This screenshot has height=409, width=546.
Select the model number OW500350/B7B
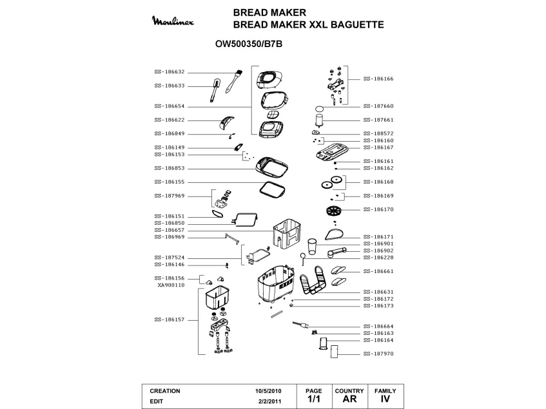point(249,44)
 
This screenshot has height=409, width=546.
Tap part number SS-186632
point(170,72)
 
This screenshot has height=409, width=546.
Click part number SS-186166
point(378,79)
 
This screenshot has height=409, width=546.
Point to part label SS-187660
point(378,106)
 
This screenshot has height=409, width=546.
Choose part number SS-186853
point(170,168)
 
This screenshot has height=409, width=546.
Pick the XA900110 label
point(171,285)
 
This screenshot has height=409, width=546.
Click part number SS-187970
point(378,354)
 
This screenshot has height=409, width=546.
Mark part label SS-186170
point(378,209)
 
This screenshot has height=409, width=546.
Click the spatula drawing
point(214,91)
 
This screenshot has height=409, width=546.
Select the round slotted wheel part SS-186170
point(333,211)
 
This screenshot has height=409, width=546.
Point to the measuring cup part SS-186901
point(313,247)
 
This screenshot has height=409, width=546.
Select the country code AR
point(349,399)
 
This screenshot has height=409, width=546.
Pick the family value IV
point(385,399)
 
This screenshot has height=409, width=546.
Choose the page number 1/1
point(313,399)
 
